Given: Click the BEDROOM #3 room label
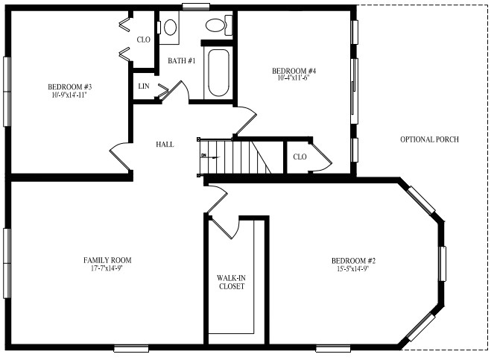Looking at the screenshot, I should (69, 86).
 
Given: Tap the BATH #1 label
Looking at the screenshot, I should (181, 60).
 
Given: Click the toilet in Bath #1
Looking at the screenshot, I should (217, 26).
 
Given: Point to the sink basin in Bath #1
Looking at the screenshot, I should (170, 28).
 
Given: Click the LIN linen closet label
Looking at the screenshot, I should (143, 86).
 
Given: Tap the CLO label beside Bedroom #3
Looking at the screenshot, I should (144, 40).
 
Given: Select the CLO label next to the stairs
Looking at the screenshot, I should (300, 157).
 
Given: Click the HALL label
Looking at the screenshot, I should (165, 144).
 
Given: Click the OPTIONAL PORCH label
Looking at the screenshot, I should (429, 139).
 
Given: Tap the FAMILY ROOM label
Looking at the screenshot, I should (107, 260).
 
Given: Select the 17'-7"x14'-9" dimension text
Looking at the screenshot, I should (107, 268).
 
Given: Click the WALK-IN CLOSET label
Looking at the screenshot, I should (231, 282).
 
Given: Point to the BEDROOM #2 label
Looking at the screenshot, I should (353, 261).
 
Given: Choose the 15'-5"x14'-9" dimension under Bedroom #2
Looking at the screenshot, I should (353, 269).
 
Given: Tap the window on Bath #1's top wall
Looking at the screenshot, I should (196, 7).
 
